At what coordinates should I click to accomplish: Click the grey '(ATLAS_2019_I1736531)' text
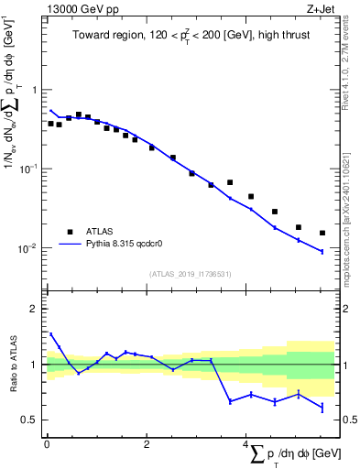[189, 273]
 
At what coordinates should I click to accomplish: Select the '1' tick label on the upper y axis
[35, 90]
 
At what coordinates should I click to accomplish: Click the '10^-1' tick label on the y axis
[29, 169]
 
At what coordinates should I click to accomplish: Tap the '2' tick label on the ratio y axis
[35, 309]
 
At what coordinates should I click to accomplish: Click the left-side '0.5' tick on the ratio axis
[29, 420]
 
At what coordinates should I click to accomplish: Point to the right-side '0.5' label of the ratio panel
[348, 420]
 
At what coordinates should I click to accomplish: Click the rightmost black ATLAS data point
[322, 233]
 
